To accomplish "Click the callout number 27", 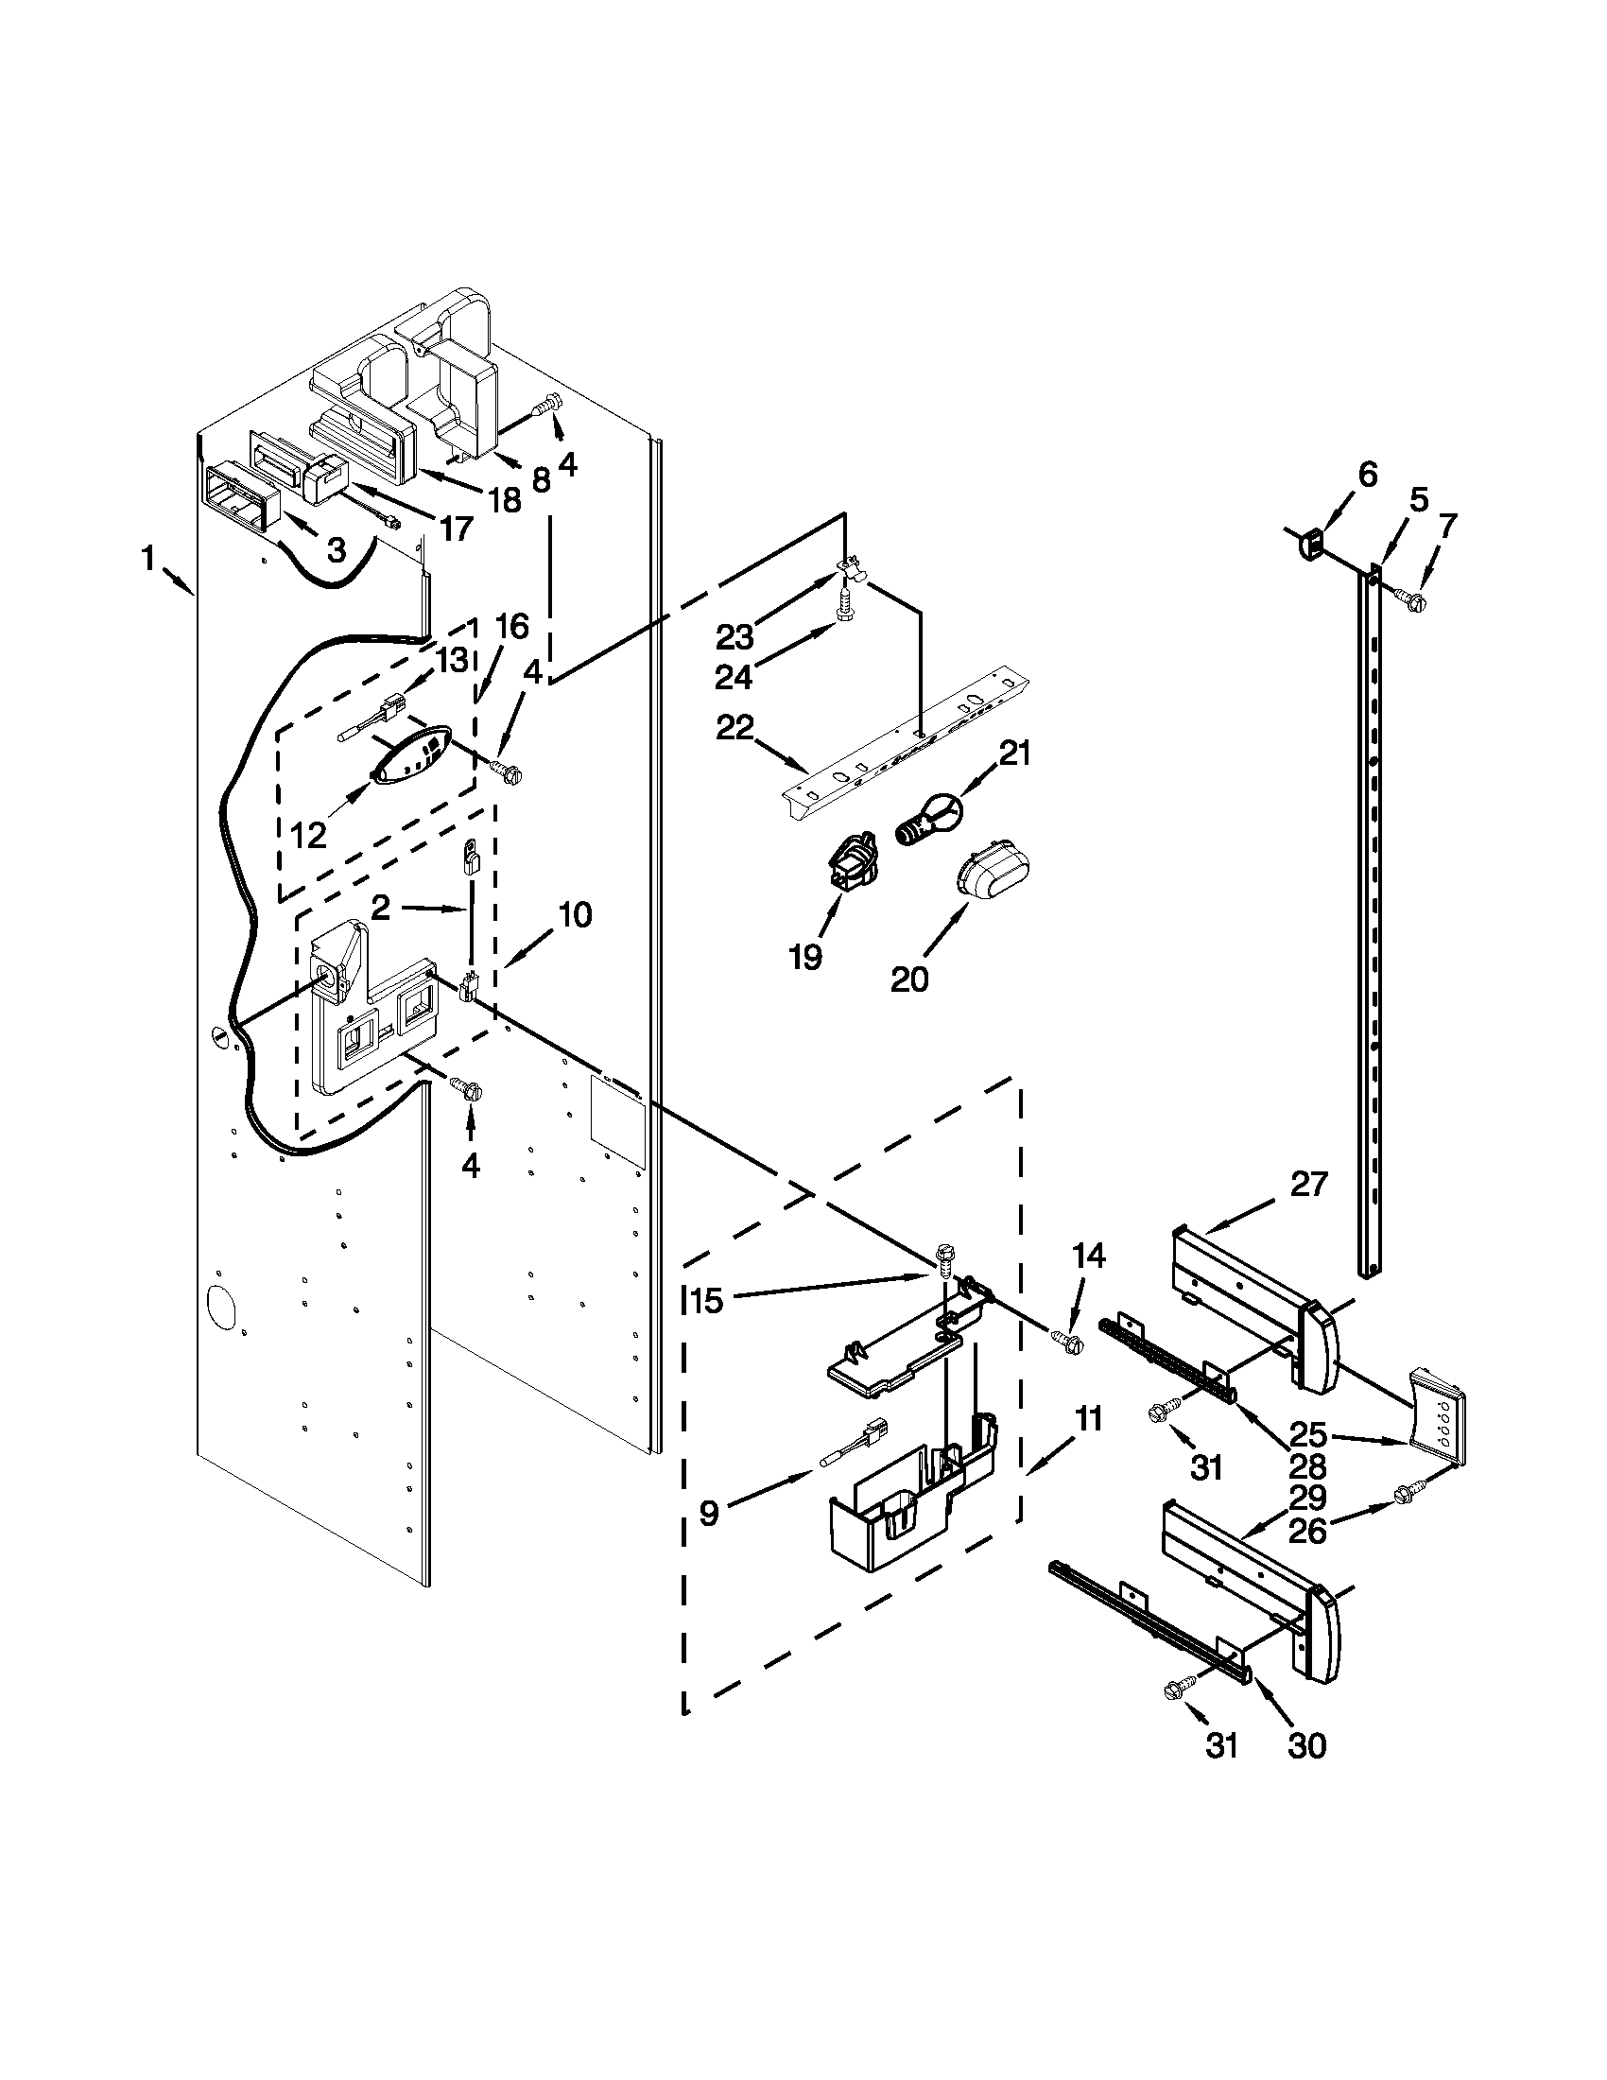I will click(x=1308, y=1184).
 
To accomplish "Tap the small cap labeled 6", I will click(x=1311, y=543).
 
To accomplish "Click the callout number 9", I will click(x=709, y=1514).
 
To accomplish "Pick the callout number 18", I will click(x=506, y=499).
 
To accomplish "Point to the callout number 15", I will click(x=708, y=1301).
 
